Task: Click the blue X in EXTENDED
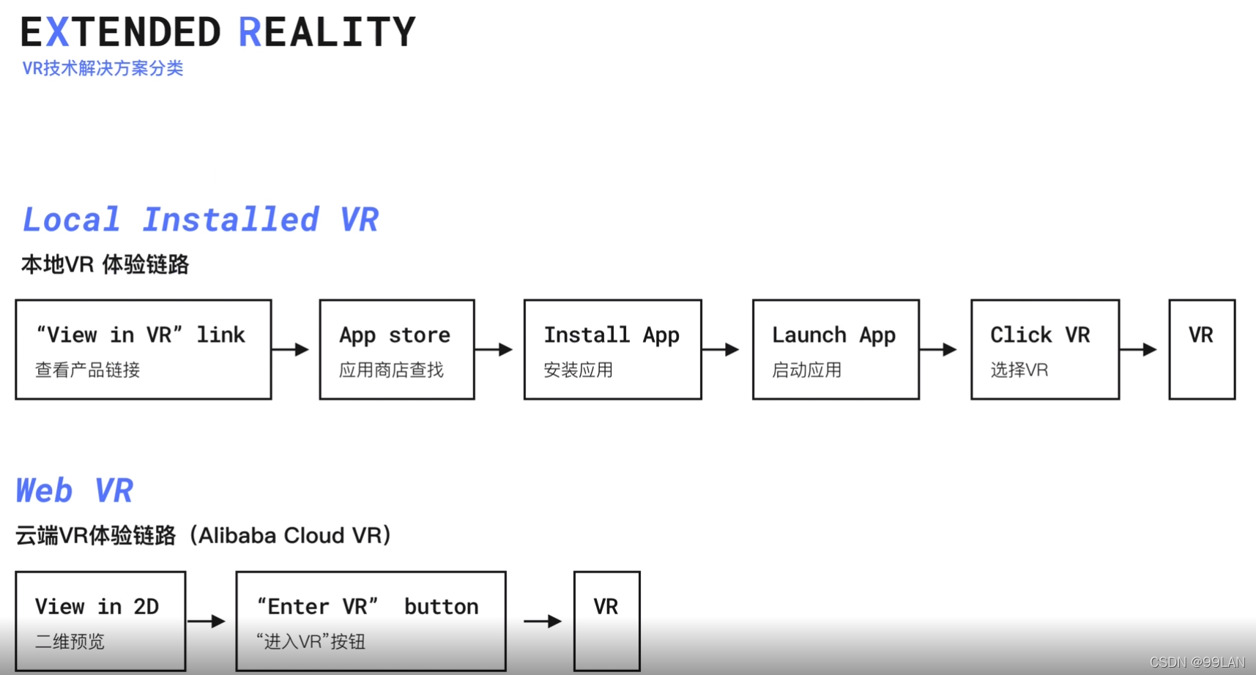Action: tap(58, 33)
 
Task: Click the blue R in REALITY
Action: tap(250, 33)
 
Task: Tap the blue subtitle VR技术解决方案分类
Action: tap(103, 69)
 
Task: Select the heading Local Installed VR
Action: tap(201, 220)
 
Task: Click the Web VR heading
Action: tap(74, 491)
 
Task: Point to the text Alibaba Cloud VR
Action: tap(290, 536)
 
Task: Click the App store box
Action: tap(397, 349)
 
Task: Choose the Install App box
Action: tap(612, 349)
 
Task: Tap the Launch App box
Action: tap(836, 349)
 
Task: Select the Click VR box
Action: tap(1045, 349)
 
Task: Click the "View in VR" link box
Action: tap(144, 349)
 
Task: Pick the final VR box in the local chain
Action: tap(1202, 349)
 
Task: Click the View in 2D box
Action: tap(100, 621)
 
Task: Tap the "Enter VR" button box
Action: tap(371, 621)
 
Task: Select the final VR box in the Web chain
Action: tap(606, 621)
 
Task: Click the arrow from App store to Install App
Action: tap(494, 350)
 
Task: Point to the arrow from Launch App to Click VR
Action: tap(940, 350)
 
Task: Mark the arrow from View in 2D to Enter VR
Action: tap(207, 622)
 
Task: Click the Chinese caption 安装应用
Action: tap(578, 370)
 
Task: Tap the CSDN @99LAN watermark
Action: tap(1197, 663)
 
